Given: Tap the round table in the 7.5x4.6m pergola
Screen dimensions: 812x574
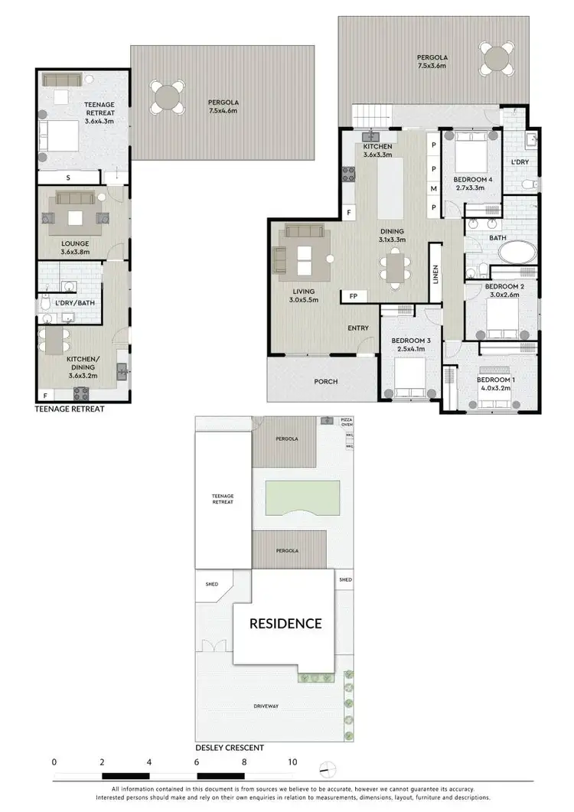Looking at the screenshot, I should pos(167,98).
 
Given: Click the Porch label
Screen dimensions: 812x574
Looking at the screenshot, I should pos(326,382).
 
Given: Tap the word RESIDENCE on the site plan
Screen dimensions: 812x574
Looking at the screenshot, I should pos(286,623).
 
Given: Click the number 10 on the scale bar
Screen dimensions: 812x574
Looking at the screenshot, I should pos(292,762).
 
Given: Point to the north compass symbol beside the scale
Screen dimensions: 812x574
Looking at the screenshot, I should pos(328,768).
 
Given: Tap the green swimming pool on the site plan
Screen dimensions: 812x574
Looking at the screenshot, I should pos(302,498).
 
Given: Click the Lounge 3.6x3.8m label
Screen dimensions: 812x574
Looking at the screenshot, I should pos(76,247).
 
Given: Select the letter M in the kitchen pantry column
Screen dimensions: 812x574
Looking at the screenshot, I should pos(433,188).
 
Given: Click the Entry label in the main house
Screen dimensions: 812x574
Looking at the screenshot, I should pos(358,328).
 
